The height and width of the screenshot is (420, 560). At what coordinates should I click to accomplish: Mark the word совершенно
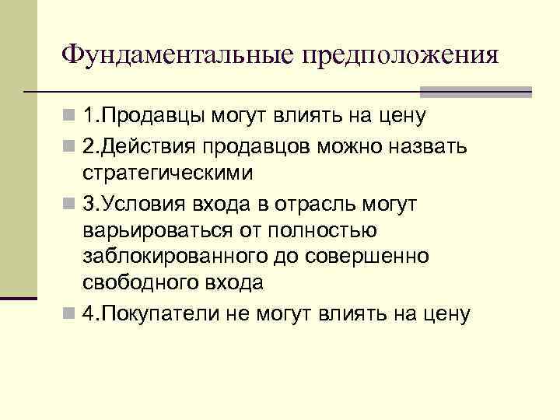tap(389, 256)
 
